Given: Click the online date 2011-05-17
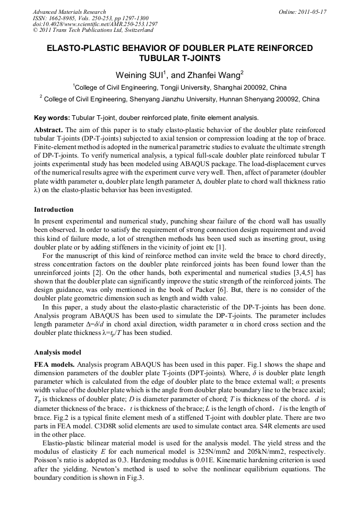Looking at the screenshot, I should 313,12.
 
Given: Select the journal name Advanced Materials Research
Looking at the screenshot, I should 69,12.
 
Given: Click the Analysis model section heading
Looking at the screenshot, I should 57,352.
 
